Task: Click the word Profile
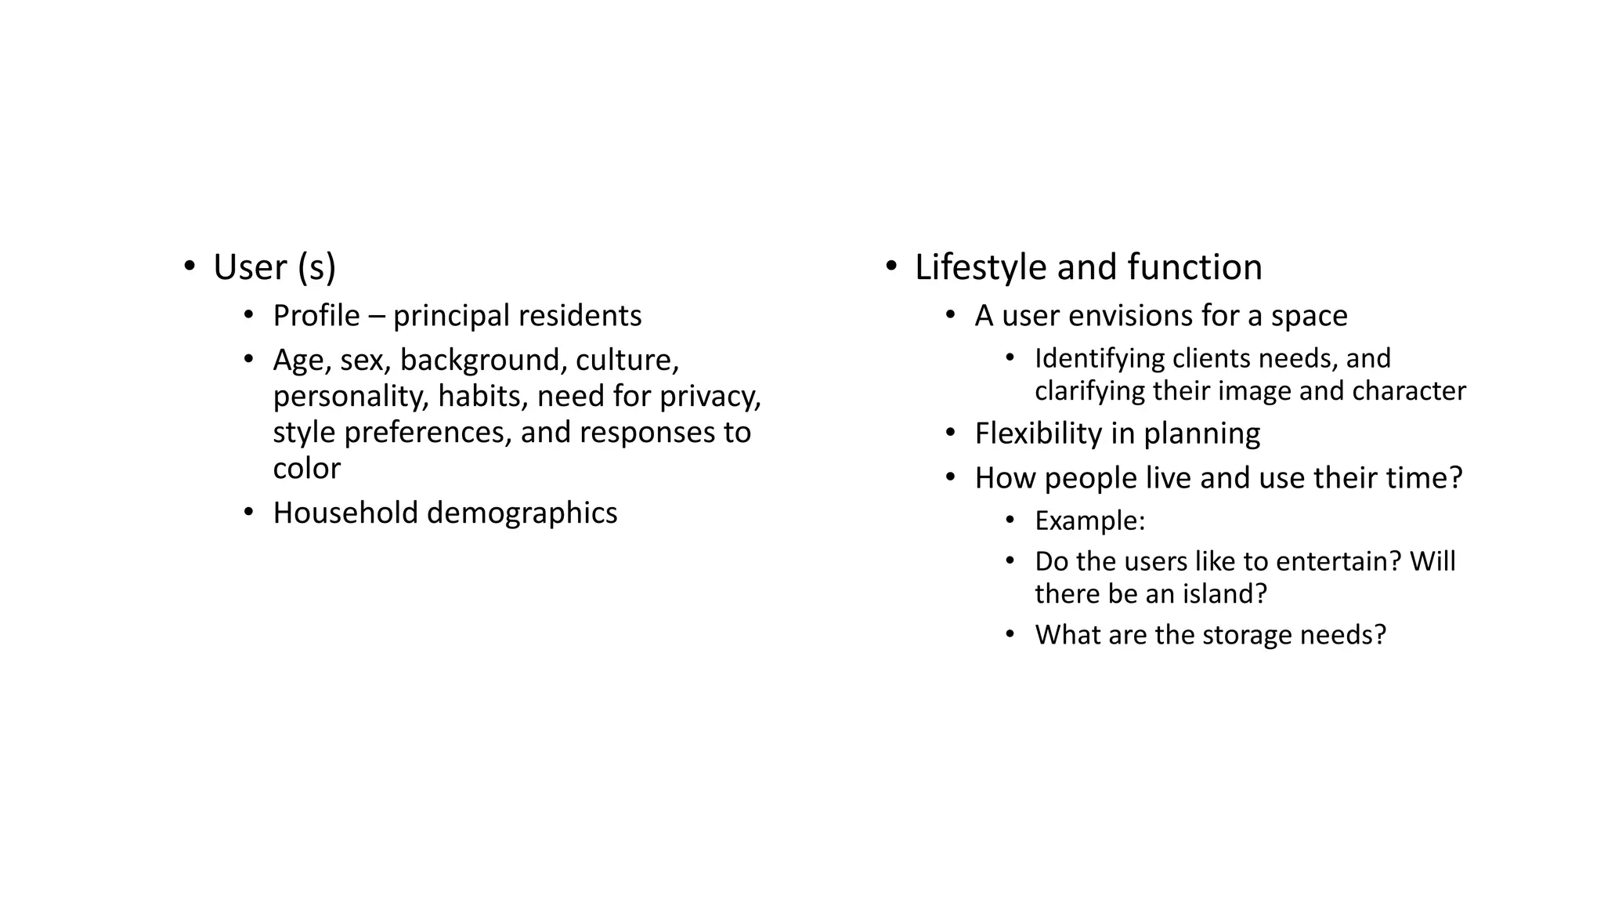point(316,316)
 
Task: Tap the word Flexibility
point(1039,433)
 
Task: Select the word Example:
point(1089,520)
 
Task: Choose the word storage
point(1246,634)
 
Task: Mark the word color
point(306,469)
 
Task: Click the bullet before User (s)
point(189,267)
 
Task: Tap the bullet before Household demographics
point(248,513)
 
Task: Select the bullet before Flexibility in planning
point(950,433)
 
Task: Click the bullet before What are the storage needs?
point(1010,633)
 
